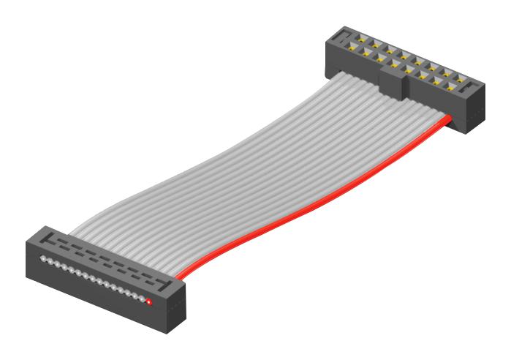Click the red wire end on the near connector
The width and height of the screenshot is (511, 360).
(x=148, y=301)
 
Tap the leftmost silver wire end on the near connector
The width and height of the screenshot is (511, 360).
(x=43, y=259)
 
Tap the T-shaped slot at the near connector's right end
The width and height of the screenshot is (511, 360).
(x=167, y=282)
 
